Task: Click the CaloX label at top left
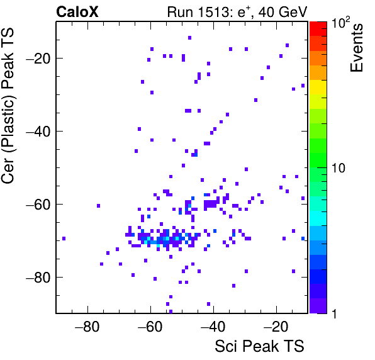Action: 77,12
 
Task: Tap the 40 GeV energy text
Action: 283,12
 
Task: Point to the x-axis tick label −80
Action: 87,326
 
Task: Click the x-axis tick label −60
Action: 150,326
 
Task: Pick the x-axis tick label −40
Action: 213,326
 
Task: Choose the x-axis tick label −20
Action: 276,326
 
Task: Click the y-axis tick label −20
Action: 38,59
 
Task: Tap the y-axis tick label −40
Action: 38,132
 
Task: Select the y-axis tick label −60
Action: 38,205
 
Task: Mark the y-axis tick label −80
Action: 38,277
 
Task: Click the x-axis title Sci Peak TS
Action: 259,346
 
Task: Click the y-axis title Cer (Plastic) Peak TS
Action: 8,106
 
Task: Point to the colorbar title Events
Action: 356,48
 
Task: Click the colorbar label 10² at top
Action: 341,23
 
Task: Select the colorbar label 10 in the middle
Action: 339,168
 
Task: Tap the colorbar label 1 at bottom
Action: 334,313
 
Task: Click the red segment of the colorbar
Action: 318,29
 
